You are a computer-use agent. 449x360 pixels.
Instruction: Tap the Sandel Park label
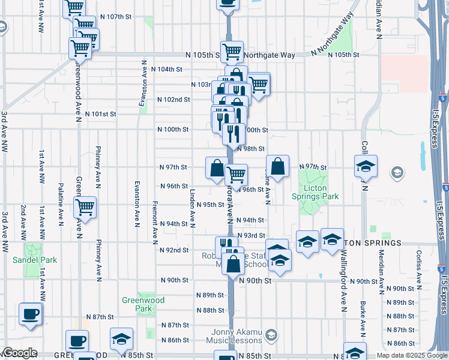(35, 260)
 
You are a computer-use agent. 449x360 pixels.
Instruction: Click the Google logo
(20, 353)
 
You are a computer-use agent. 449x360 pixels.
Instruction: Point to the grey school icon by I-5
(396, 173)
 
